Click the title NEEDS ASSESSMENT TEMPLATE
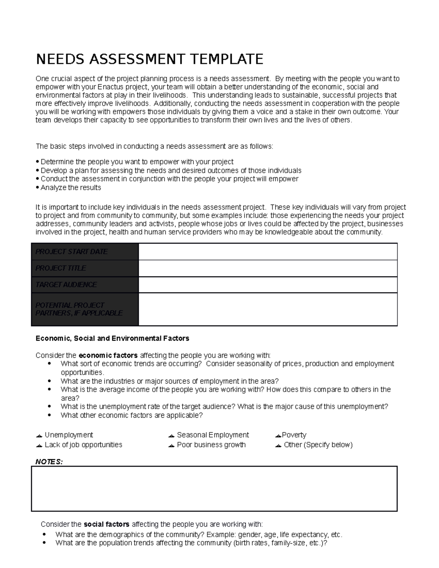pyautogui.click(x=149, y=59)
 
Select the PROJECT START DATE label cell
pyautogui.click(x=85, y=252)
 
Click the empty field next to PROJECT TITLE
pyautogui.click(x=268, y=268)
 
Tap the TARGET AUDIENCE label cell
pyautogui.click(x=85, y=285)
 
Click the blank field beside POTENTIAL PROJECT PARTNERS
pyautogui.click(x=268, y=309)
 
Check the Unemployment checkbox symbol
pyautogui.click(x=39, y=436)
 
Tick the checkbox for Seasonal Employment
pyautogui.click(x=171, y=436)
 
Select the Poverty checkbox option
pyautogui.click(x=278, y=436)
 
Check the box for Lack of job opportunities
pyautogui.click(x=39, y=445)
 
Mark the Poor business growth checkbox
pyautogui.click(x=171, y=445)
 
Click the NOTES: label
pyautogui.click(x=49, y=462)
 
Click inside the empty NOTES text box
pyautogui.click(x=214, y=488)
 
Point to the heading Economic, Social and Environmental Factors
pyautogui.click(x=112, y=338)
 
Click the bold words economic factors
pyautogui.click(x=108, y=355)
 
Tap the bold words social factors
pyautogui.click(x=106, y=524)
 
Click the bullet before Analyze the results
pyautogui.click(x=37, y=188)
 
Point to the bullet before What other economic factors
pyautogui.click(x=49, y=415)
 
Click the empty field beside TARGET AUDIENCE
pyautogui.click(x=268, y=285)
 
